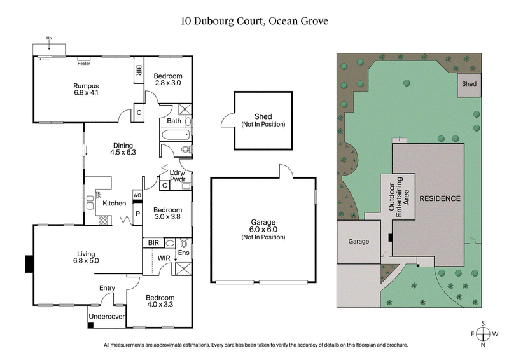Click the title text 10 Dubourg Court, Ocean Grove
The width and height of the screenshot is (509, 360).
coord(254,20)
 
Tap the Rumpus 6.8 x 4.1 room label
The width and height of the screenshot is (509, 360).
coord(86,90)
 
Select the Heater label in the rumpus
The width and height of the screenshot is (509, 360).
coord(83,64)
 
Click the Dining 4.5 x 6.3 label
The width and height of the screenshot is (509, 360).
coord(123,148)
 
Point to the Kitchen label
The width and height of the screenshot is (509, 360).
coord(115,203)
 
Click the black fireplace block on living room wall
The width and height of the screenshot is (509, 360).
coord(29,262)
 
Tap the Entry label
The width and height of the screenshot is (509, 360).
coord(106,288)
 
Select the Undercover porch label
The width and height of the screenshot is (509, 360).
coord(106,316)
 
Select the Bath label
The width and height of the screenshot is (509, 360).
coord(173,121)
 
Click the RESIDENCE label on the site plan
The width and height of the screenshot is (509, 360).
coord(440,198)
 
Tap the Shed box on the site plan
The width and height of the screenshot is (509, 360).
coord(469,84)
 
